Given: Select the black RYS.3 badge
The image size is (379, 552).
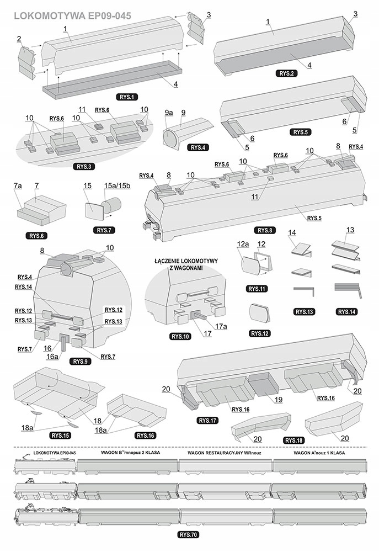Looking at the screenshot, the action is pos(83,166).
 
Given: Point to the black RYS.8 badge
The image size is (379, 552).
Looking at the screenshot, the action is pos(263,229).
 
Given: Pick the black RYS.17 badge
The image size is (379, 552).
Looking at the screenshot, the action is pos(207,421).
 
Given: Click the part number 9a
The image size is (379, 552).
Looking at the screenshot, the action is pos(169,112).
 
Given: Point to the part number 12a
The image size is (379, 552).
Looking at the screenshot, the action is pos(243,243).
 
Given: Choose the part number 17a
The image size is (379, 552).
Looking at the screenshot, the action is pos(221,326).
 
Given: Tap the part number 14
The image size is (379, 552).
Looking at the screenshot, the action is pos(292,233).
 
